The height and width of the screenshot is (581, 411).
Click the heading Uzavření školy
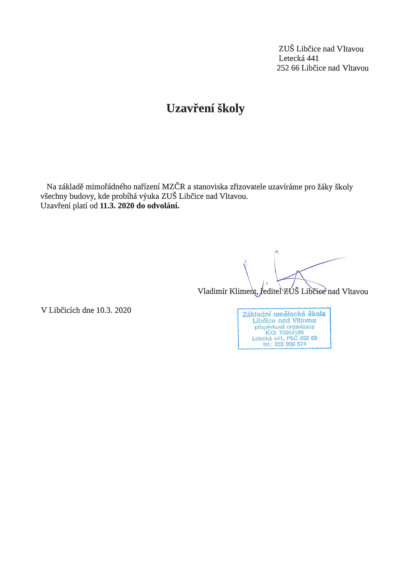pos(206,108)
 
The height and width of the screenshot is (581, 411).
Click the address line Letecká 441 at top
pos(299,58)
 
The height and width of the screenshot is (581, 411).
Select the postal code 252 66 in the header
pos(288,68)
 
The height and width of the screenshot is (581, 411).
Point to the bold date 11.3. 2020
pos(117,206)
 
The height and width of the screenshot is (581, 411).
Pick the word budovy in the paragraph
pos(82,196)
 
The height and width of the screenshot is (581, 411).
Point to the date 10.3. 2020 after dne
pos(114,310)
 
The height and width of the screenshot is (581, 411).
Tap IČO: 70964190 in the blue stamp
pos(284,332)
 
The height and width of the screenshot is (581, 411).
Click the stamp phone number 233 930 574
pos(290,344)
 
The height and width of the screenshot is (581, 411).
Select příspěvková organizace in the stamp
pos(284,327)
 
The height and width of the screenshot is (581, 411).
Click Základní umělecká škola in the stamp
pos(284,314)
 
